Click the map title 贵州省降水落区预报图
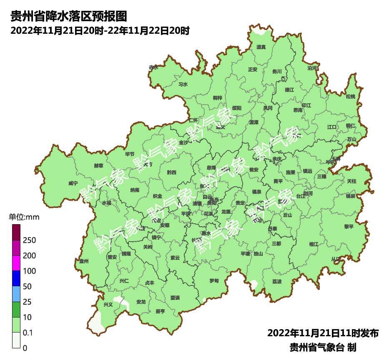click(68, 16)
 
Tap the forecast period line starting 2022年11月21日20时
click(100, 30)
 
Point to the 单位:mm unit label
click(24, 217)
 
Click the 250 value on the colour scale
click(29, 240)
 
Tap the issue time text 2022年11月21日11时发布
click(323, 333)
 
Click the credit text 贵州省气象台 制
click(323, 347)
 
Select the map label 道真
click(261, 47)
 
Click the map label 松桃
click(351, 97)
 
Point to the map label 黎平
click(349, 227)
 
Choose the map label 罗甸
click(214, 280)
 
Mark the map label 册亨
click(160, 311)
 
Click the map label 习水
click(183, 84)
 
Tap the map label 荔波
click(277, 282)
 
